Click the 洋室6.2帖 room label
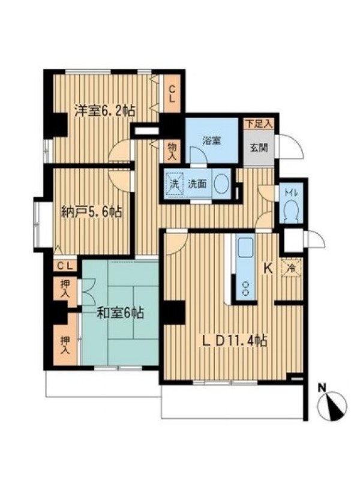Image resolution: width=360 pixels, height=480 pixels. pos(105,111)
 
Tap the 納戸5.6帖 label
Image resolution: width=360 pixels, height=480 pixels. pos(92,212)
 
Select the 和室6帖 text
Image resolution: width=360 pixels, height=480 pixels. pos(121,313)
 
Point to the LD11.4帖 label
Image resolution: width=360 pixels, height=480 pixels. pos(235,341)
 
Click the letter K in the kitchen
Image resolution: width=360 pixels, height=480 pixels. pos(268,269)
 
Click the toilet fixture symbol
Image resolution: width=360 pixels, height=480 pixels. pos(291,211)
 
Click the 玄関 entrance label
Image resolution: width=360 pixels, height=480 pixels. pos(259,148)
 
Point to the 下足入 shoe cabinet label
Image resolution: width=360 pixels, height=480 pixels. pos(259,124)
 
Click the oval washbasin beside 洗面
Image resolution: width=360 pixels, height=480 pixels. pos(221,184)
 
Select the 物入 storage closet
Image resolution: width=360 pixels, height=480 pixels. pos(172,151)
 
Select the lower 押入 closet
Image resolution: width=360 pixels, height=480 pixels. pos(65,345)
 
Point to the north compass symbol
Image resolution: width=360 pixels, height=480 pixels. pos(332,406)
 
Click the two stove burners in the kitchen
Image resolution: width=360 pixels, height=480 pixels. pos(245,289)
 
